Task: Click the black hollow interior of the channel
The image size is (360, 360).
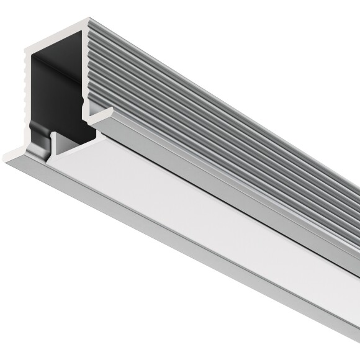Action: (59, 93)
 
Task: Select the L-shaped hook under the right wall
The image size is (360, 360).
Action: (103, 114)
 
